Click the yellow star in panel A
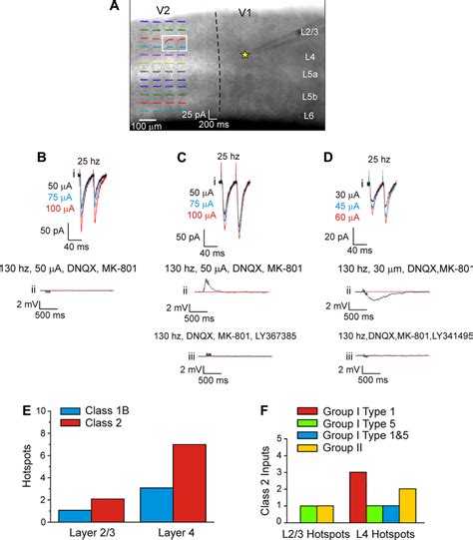244,56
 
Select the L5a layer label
310,75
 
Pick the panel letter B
42,157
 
